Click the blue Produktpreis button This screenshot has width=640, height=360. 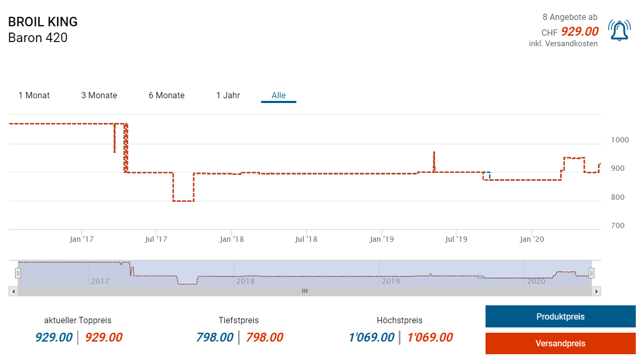pos(560,316)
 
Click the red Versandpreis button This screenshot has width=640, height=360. pos(560,344)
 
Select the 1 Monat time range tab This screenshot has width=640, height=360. pos(34,95)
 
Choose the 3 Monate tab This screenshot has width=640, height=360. pos(99,95)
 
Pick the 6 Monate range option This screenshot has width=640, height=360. pos(167,95)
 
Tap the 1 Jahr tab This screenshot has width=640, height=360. pos(228,95)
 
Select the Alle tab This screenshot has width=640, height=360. pos(278,95)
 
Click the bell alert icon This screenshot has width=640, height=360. pos(619,30)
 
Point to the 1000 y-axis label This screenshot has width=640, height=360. pos(620,140)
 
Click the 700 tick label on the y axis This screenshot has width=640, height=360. pos(617,225)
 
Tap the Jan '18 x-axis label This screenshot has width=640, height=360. pos(232,239)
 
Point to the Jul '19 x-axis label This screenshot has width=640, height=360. pos(456,239)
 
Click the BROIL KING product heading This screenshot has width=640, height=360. pos(43,22)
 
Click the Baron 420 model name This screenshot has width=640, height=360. pos(38,38)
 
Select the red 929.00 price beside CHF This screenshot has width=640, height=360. pos(580,32)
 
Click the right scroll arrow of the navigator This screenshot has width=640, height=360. pos(596,291)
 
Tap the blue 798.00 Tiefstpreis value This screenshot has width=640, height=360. pos(214,337)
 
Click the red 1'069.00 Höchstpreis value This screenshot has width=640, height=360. pos(430,337)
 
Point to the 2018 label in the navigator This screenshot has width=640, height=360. pos(245,281)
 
